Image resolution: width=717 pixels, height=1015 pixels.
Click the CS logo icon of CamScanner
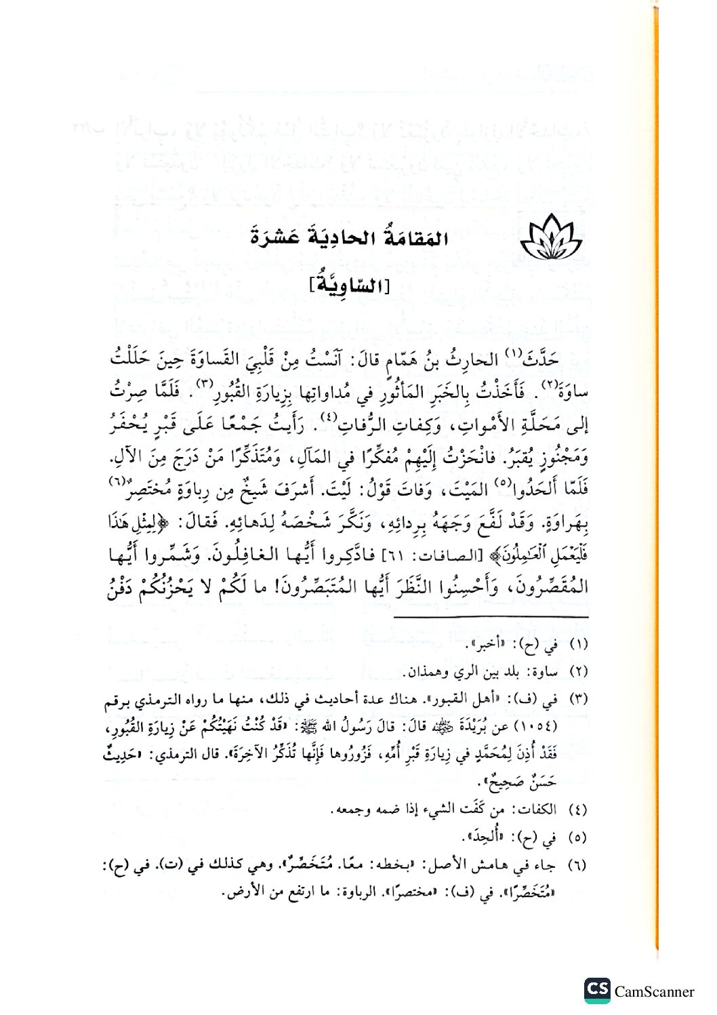click(x=597, y=990)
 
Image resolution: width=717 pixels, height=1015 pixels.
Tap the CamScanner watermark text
click(x=654, y=991)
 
